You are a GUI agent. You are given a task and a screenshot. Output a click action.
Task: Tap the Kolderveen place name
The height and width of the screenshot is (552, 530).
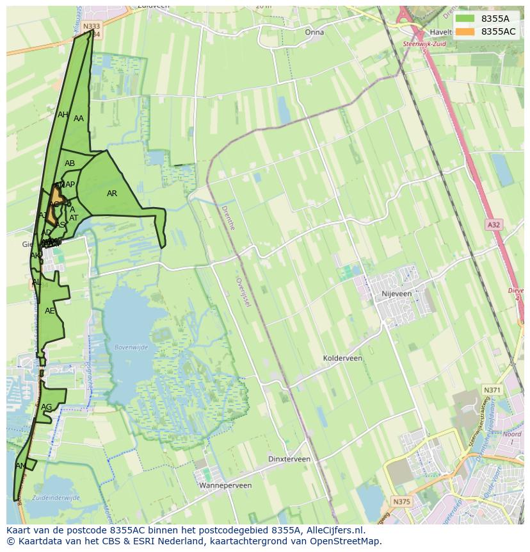point(342,358)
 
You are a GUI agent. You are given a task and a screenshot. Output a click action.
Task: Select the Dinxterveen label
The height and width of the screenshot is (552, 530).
point(289,459)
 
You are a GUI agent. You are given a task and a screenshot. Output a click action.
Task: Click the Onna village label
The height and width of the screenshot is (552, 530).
point(314,32)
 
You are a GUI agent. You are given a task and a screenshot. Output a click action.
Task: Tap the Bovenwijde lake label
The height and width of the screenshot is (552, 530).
point(131,347)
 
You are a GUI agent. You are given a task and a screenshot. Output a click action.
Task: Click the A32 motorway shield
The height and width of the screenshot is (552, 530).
point(493,225)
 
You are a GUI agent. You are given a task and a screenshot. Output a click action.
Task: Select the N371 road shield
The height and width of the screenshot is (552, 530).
point(492,390)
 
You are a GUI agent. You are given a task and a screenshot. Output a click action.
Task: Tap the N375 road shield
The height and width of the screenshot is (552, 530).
point(401,501)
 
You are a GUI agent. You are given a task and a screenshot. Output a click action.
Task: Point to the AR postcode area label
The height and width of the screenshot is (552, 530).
point(112,194)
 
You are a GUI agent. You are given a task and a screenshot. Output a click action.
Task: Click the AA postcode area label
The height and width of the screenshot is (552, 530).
point(79,119)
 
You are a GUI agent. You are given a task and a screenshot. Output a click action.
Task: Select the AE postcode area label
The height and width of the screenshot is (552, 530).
point(50,311)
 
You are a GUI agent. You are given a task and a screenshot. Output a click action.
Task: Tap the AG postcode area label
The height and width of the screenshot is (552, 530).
point(46,407)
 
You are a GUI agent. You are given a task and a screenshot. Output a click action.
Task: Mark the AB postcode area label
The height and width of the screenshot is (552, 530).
point(70,163)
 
